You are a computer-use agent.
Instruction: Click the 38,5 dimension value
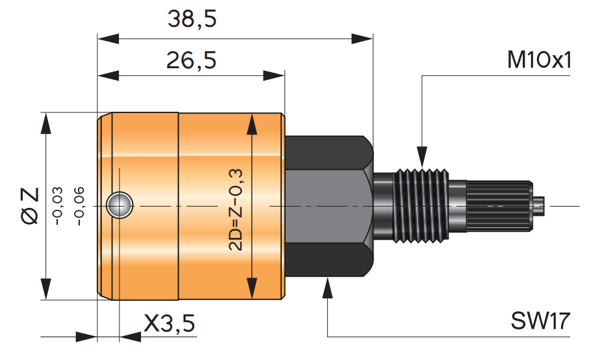[x=192, y=19]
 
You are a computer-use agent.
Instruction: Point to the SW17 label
[x=540, y=320]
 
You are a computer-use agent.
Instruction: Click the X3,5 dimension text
[x=169, y=323]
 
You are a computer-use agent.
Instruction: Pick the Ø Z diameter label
[x=30, y=206]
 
